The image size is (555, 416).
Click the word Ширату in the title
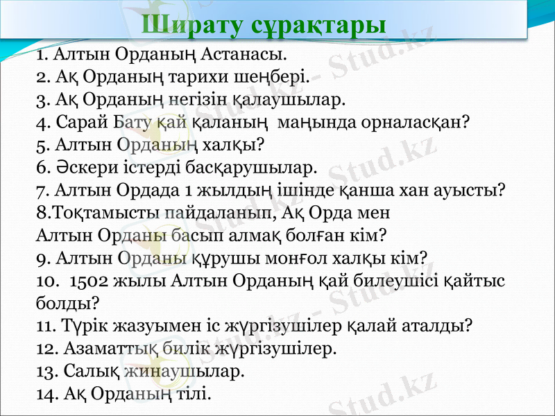[184, 25]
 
